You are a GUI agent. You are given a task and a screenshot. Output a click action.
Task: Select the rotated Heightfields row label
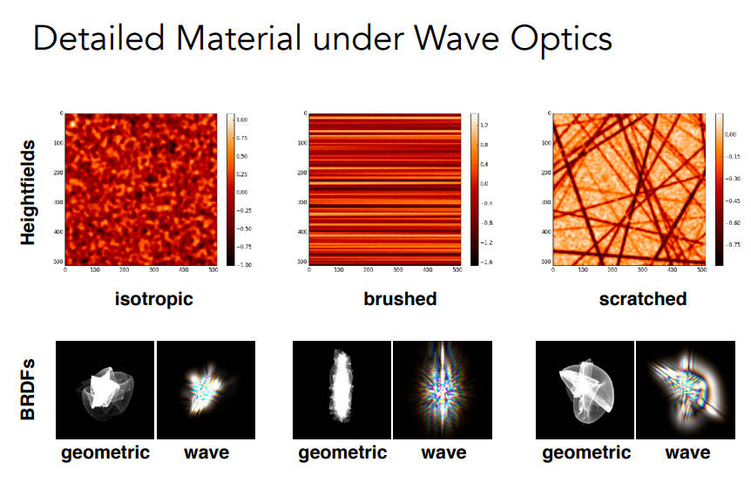click(28, 191)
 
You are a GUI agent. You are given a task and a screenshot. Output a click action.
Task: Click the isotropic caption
click(154, 299)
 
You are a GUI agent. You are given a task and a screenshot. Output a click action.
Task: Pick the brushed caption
click(400, 299)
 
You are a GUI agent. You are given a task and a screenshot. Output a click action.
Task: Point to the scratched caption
click(642, 299)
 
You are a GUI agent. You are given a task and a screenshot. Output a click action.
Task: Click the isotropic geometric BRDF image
click(105, 390)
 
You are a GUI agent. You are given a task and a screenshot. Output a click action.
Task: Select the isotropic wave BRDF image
click(206, 390)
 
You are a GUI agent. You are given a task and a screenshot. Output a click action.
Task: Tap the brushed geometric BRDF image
click(342, 390)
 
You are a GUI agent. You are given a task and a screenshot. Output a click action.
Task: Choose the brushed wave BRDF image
click(443, 390)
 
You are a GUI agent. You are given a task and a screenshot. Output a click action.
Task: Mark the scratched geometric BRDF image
click(584, 390)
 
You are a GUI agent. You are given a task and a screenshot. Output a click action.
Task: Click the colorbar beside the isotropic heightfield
click(230, 190)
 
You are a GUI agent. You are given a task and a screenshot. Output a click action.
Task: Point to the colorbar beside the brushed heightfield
click(474, 190)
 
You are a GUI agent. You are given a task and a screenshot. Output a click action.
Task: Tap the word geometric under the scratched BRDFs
click(585, 452)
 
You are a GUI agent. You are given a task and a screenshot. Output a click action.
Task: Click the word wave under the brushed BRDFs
click(443, 452)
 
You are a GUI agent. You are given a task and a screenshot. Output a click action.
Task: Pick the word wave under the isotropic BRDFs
click(206, 452)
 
